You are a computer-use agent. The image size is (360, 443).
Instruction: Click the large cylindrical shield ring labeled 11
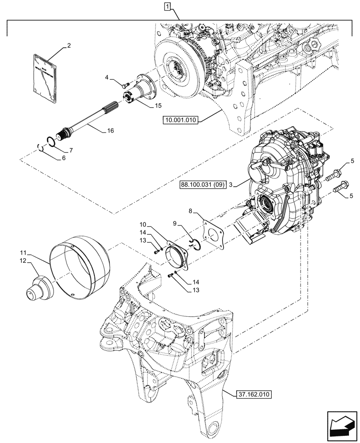pyautogui.click(x=80, y=268)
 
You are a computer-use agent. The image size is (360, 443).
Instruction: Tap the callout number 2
pyautogui.click(x=69, y=45)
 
